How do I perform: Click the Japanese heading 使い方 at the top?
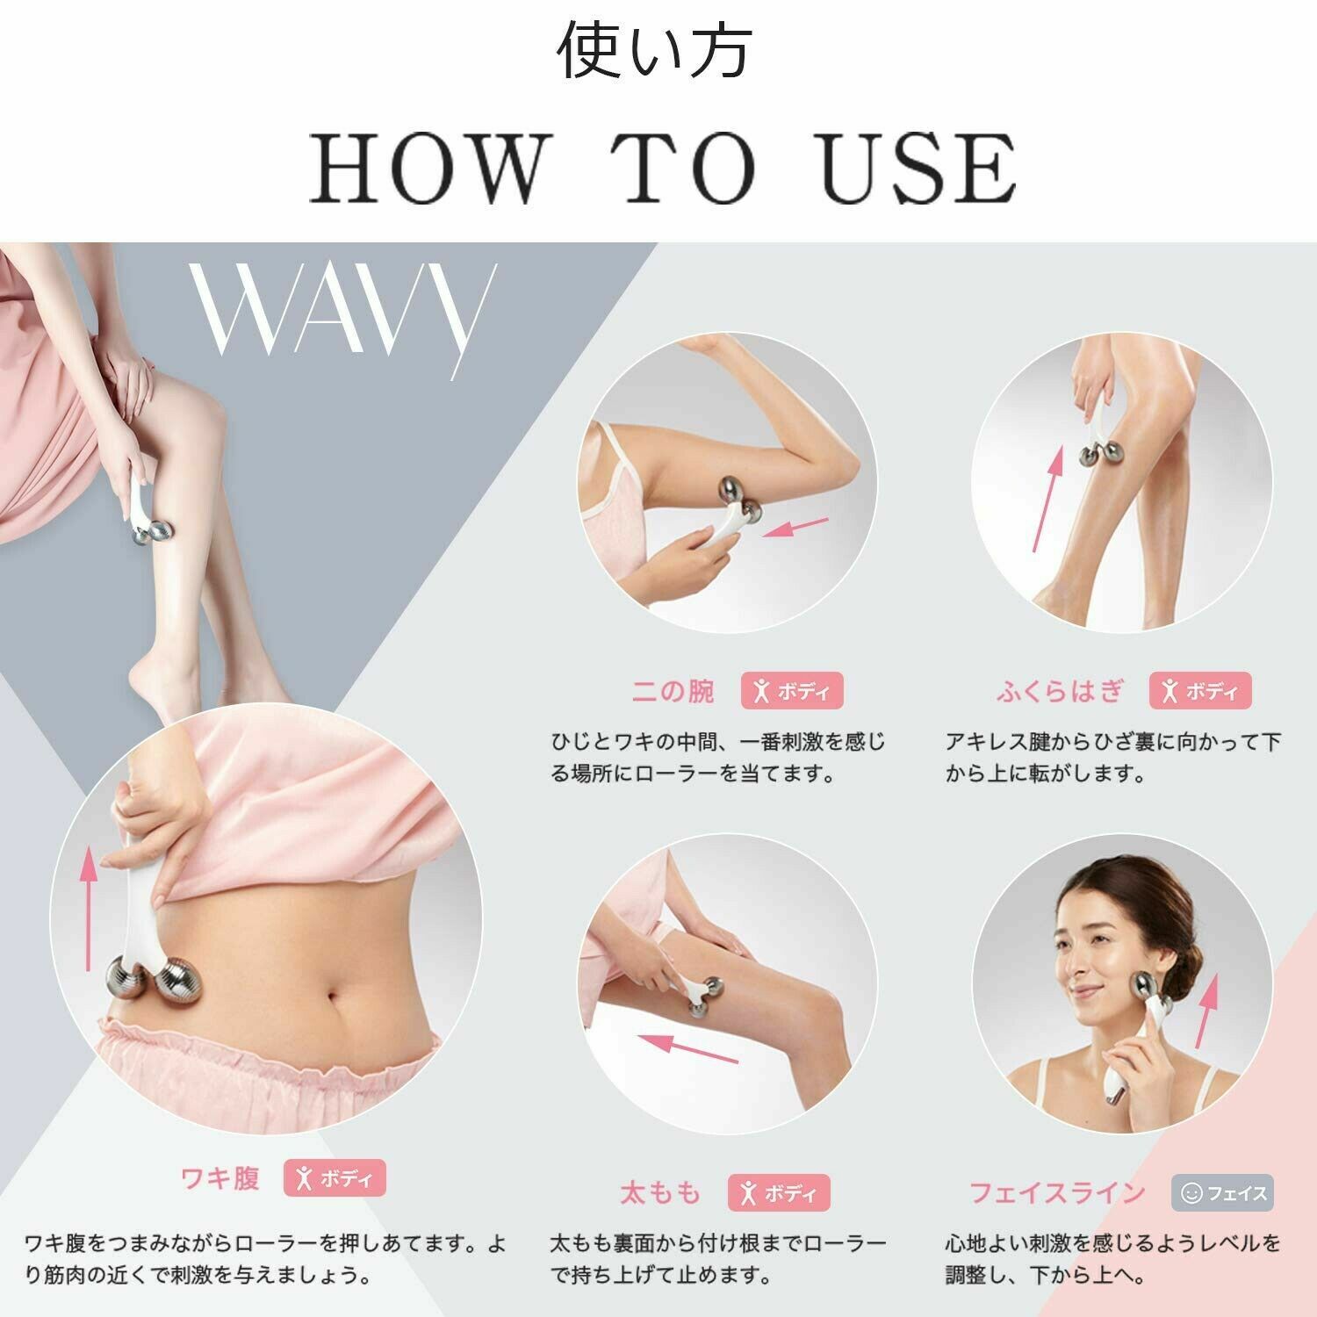pos(654,50)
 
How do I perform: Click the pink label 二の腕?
pos(673,692)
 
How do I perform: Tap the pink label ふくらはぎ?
pos(1060,692)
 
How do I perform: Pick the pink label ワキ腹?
pos(219,1177)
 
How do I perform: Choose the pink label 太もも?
pos(660,1192)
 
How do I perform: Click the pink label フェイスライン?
pos(1057,1192)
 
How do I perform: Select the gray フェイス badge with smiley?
pos(1222,1193)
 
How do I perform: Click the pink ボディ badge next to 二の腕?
pos(792,691)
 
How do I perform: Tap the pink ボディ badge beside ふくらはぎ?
pos(1200,691)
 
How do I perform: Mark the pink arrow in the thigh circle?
pos(687,1048)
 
